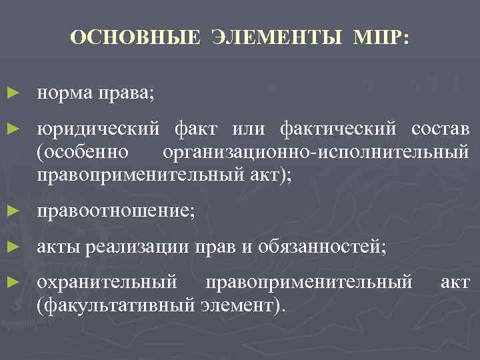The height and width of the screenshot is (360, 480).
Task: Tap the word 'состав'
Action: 441,127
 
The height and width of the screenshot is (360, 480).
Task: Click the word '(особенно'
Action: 83,152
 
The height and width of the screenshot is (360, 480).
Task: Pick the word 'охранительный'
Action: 107,283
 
